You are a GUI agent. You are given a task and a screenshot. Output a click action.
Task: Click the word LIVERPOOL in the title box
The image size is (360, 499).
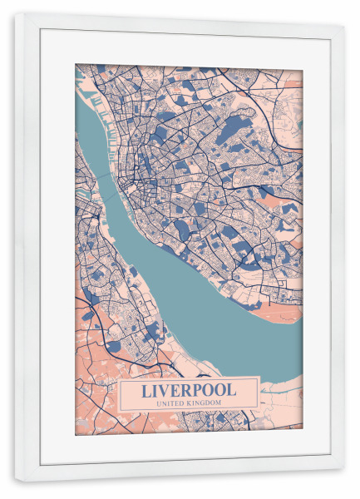189,389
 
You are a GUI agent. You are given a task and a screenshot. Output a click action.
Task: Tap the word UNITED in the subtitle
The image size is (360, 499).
170,403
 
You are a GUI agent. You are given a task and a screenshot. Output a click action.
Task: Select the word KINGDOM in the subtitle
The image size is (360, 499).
204,403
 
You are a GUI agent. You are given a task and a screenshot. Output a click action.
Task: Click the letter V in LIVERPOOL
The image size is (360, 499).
166,389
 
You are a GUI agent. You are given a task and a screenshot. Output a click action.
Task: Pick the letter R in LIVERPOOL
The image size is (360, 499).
189,389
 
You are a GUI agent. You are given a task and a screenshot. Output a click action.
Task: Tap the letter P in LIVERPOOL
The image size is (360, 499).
200,389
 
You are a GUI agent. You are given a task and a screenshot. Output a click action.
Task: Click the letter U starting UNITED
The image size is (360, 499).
156,403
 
